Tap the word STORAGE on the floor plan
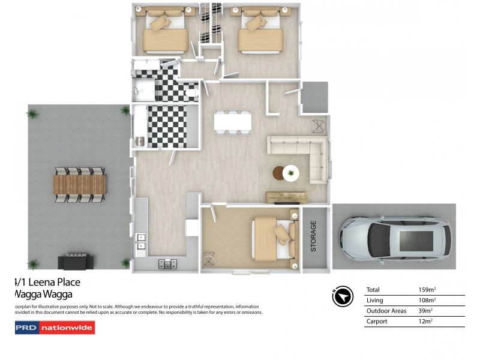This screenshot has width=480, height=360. point(313,236)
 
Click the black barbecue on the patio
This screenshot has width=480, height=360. point(76,262)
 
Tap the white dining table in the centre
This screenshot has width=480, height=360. point(233,122)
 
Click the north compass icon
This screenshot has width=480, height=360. point(342,296)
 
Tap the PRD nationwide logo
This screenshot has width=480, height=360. point(55,328)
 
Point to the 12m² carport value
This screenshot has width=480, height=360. point(425,322)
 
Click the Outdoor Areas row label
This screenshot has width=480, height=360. point(386,311)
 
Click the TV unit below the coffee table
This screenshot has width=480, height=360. point(287,197)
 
